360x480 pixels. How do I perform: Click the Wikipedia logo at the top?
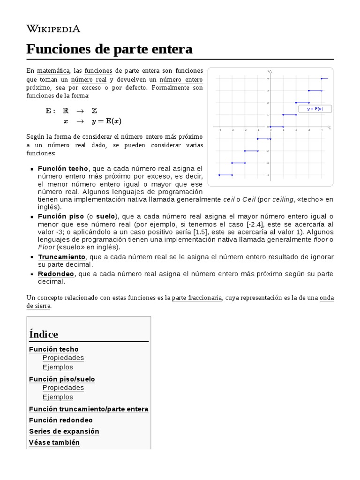click(x=53, y=29)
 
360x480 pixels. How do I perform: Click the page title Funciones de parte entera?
click(x=109, y=49)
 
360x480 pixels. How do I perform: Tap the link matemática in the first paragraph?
click(x=54, y=71)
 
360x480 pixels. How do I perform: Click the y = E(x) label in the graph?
click(x=315, y=109)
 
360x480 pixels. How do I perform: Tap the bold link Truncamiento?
click(x=61, y=257)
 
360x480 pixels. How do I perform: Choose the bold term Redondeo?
click(x=55, y=274)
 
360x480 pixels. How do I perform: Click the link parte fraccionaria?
click(x=196, y=298)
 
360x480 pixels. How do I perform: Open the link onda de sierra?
click(x=327, y=298)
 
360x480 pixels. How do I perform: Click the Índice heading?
click(x=44, y=334)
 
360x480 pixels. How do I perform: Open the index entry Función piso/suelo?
click(x=62, y=379)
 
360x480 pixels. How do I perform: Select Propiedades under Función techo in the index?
click(x=63, y=358)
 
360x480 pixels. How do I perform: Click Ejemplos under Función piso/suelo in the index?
click(x=58, y=397)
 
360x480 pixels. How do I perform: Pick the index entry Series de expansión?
click(x=64, y=431)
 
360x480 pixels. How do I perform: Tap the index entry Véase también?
click(x=54, y=442)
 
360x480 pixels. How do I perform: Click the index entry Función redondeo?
click(x=61, y=420)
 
